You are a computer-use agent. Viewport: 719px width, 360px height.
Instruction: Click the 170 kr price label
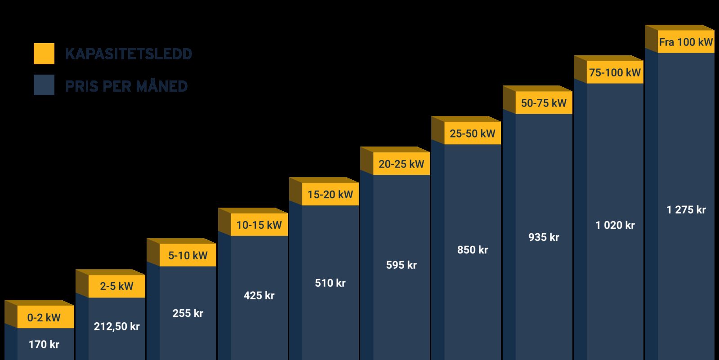[x=44, y=345]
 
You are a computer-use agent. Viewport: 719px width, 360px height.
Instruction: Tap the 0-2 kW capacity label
[x=44, y=318]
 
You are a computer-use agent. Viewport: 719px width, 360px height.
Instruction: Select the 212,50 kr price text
[x=116, y=327]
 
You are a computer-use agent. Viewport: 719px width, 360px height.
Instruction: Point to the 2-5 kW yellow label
[x=116, y=286]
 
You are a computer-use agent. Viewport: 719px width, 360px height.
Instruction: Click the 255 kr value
[x=188, y=313]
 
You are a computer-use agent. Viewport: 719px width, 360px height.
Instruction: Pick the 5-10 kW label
[x=188, y=256]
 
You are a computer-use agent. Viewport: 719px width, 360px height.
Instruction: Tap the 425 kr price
[x=259, y=296]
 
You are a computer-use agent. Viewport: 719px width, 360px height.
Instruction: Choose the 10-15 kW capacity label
[x=259, y=225]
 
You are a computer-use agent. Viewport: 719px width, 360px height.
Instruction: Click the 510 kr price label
[x=330, y=283]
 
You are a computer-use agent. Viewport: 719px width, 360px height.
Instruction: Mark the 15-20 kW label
[x=330, y=195]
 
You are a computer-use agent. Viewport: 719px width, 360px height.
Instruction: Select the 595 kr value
[x=401, y=265]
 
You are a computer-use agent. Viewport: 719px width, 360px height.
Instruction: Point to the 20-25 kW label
[x=401, y=164]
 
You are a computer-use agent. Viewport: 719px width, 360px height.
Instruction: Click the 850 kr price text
[x=472, y=250]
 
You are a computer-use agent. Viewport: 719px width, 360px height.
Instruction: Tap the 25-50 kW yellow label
[x=472, y=133]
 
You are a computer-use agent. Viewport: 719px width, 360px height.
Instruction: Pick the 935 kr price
[x=544, y=237]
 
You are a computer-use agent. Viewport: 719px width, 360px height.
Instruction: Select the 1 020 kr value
[x=615, y=225]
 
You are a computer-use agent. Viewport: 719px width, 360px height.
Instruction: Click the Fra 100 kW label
[x=686, y=42]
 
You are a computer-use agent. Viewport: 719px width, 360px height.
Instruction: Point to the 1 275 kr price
[x=686, y=210]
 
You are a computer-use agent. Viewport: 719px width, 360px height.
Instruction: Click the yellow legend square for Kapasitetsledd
[x=44, y=54]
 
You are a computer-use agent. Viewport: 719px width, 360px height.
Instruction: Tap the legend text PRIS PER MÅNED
[x=126, y=86]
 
